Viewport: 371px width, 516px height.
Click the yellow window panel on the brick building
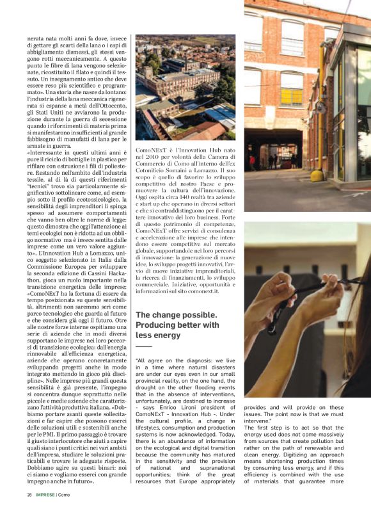[x=292, y=96]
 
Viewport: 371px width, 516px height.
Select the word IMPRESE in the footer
[x=47, y=494]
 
